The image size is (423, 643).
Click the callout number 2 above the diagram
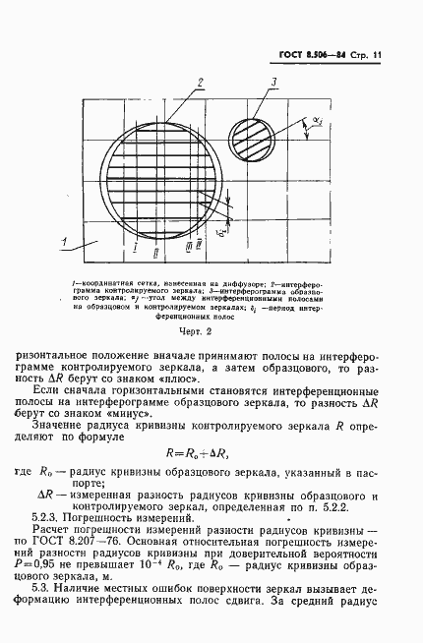[x=200, y=81]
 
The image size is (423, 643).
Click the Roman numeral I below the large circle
[x=133, y=245]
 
